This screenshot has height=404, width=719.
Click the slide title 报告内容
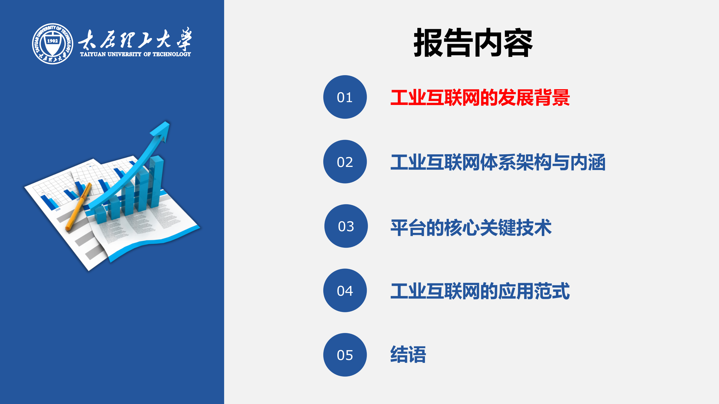[x=473, y=43]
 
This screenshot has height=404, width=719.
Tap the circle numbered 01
[x=345, y=97]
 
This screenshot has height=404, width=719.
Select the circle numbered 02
[x=345, y=162]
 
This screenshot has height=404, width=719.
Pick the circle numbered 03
[x=346, y=226]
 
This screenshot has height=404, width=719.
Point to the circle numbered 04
[x=345, y=290]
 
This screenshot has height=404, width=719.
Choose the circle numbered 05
[x=345, y=355]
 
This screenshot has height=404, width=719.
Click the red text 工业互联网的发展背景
[x=480, y=98]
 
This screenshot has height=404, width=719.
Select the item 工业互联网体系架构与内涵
[x=498, y=162]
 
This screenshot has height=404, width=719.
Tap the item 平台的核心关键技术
[x=471, y=227]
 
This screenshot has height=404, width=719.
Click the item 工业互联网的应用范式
[x=480, y=291]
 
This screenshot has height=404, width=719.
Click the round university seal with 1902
[x=53, y=44]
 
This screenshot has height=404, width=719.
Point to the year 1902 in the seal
[x=53, y=41]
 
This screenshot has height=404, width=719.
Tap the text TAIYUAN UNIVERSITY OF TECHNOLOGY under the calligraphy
[x=135, y=54]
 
